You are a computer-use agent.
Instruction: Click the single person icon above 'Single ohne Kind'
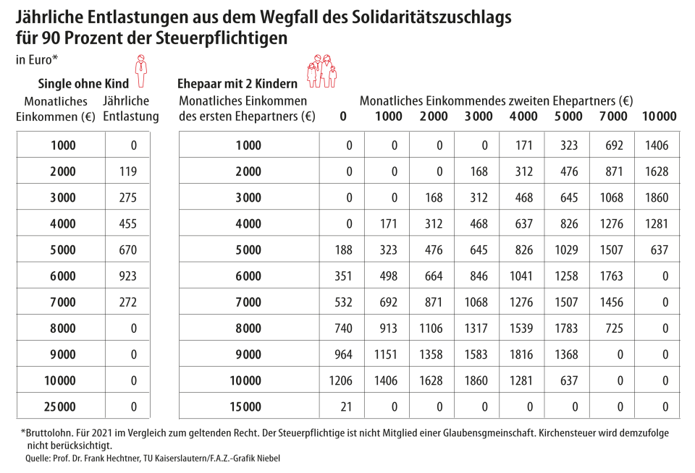tap(141, 66)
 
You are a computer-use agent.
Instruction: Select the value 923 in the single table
tap(127, 276)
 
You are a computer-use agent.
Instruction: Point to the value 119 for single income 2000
tap(127, 171)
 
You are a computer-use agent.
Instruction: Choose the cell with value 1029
tap(568, 250)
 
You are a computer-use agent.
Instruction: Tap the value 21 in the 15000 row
tap(345, 406)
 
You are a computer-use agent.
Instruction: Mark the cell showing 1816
tap(523, 354)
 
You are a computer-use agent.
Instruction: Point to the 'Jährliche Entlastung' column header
tap(130, 108)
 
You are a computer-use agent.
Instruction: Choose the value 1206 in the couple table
tap(340, 380)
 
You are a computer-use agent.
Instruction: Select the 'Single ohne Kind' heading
tap(83, 84)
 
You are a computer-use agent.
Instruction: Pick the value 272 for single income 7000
tap(127, 302)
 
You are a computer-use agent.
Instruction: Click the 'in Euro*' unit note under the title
tap(36, 59)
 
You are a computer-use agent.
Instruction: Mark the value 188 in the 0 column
tap(344, 250)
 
